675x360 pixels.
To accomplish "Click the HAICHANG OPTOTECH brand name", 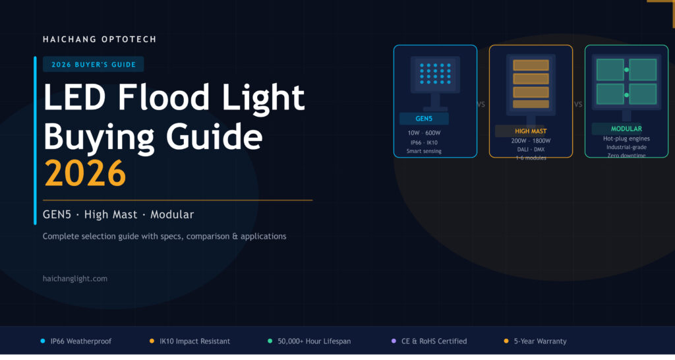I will click(x=100, y=40).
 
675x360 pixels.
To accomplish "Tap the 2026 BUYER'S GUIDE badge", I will click(x=94, y=65).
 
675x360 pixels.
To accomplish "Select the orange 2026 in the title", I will click(x=84, y=173).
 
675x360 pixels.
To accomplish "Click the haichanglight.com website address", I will click(x=75, y=279).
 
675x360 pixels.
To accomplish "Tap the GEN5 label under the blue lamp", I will click(x=424, y=119).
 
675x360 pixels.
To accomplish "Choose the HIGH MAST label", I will click(x=531, y=131).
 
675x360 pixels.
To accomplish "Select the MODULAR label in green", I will click(x=626, y=129).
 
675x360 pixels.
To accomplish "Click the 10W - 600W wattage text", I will click(x=424, y=133).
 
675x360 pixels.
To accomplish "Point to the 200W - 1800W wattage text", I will click(x=531, y=141).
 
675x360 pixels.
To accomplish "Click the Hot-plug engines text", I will click(x=626, y=138).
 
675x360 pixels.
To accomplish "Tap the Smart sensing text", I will click(x=424, y=151).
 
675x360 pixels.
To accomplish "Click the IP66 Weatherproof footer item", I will click(x=81, y=342).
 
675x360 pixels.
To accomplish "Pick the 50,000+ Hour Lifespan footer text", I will click(x=314, y=342).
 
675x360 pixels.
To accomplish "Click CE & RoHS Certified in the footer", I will click(x=434, y=342).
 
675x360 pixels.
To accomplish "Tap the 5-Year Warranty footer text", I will click(x=540, y=342).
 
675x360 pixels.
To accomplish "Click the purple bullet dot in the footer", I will click(x=394, y=342).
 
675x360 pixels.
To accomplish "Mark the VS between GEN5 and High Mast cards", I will click(x=481, y=104).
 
